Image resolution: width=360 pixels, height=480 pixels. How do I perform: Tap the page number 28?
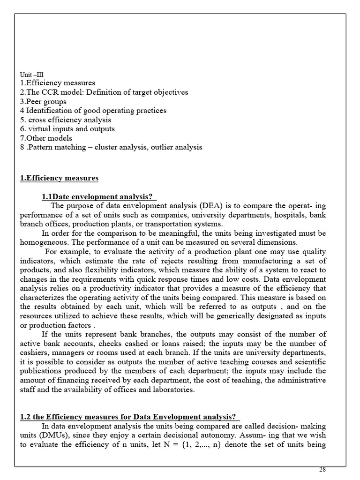322,470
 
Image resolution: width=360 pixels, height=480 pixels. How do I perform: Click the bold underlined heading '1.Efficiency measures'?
59,178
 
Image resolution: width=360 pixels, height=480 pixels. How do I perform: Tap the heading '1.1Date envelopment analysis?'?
99,196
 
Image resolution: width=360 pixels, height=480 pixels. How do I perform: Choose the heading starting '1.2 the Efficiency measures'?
130,417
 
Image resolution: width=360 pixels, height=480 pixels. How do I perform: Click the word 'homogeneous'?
42,242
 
